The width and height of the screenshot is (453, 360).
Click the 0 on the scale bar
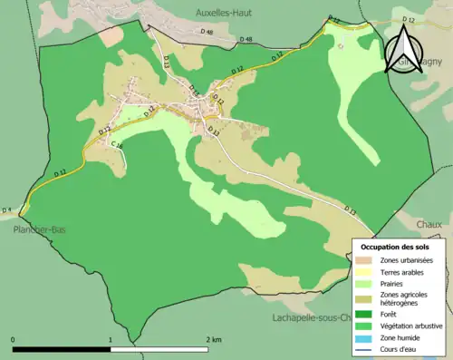(x=14, y=339)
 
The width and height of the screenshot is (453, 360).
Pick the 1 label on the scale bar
(x=111, y=339)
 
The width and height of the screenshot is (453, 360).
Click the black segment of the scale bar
(x=62, y=349)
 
